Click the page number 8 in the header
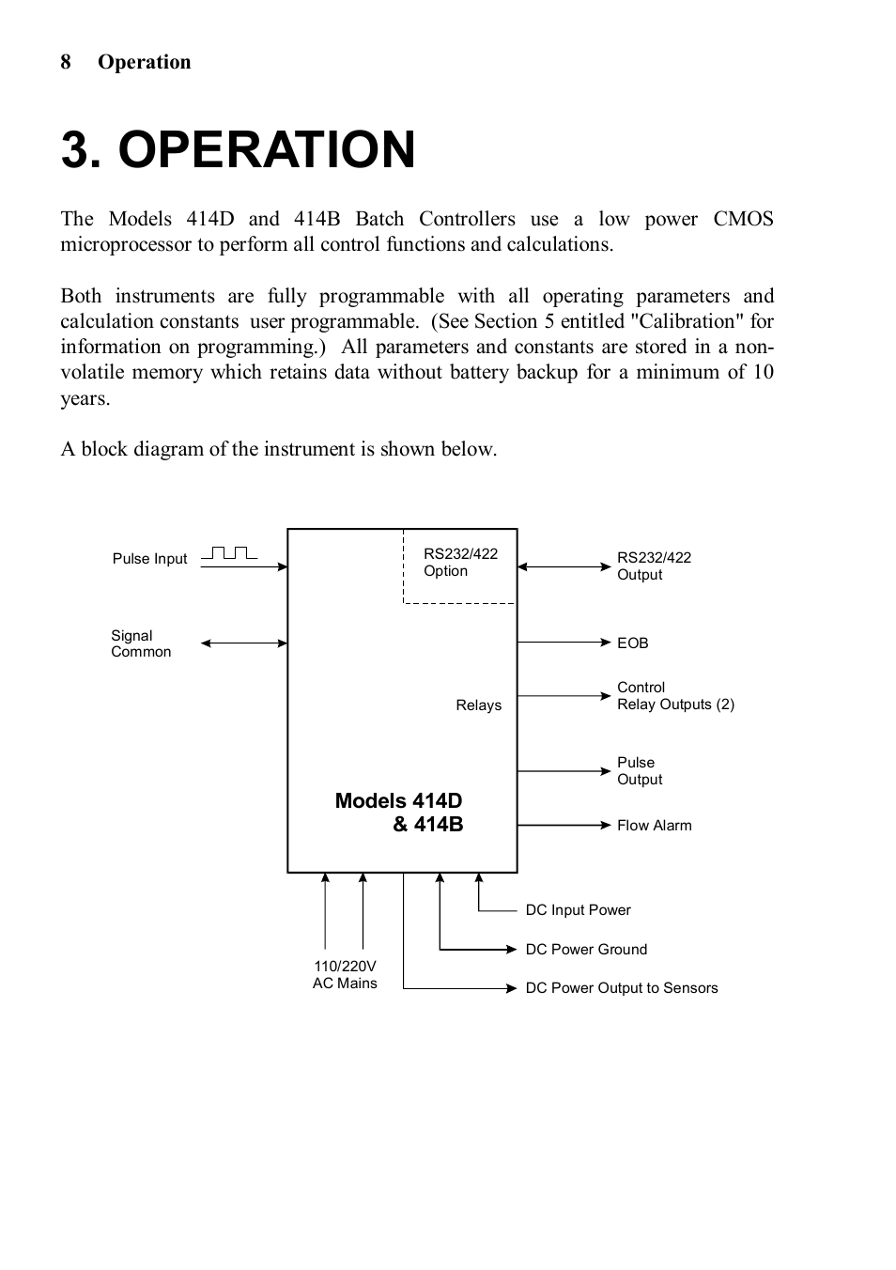tap(66, 62)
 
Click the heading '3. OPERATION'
tap(238, 149)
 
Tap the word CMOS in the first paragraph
tap(743, 219)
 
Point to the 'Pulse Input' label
tap(149, 559)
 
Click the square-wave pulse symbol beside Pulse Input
tap(229, 552)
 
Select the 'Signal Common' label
tap(141, 643)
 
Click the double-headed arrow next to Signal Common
tap(244, 643)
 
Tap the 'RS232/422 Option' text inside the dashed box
tap(460, 562)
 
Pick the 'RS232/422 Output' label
tap(654, 565)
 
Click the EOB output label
tap(632, 643)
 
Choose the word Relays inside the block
tap(478, 705)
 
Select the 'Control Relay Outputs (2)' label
tap(675, 696)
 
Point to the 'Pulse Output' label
tap(640, 771)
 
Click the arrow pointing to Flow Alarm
tap(564, 825)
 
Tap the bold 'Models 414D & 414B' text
tap(399, 813)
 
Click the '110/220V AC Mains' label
tap(345, 974)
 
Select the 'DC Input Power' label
tap(578, 910)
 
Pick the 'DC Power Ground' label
tap(586, 950)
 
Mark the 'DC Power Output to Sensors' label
tap(621, 988)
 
